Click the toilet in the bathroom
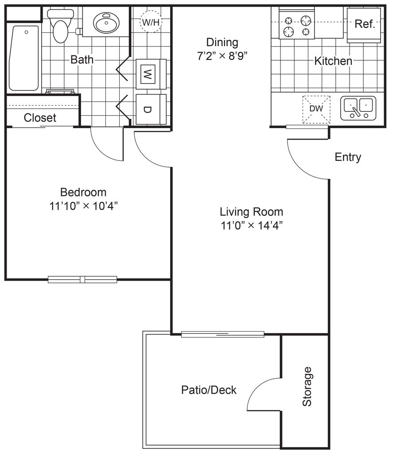60,26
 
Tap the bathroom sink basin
106,22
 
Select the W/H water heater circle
151,22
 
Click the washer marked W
151,74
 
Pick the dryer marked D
151,109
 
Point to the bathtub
24,58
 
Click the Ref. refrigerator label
365,24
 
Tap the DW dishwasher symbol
316,109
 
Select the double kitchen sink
358,108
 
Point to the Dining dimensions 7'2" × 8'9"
222,55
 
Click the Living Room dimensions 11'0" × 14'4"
251,225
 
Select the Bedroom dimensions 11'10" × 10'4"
83,206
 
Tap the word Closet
40,118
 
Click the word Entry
348,157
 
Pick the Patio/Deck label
209,390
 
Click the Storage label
307,387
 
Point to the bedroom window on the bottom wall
82,279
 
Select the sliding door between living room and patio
223,334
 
